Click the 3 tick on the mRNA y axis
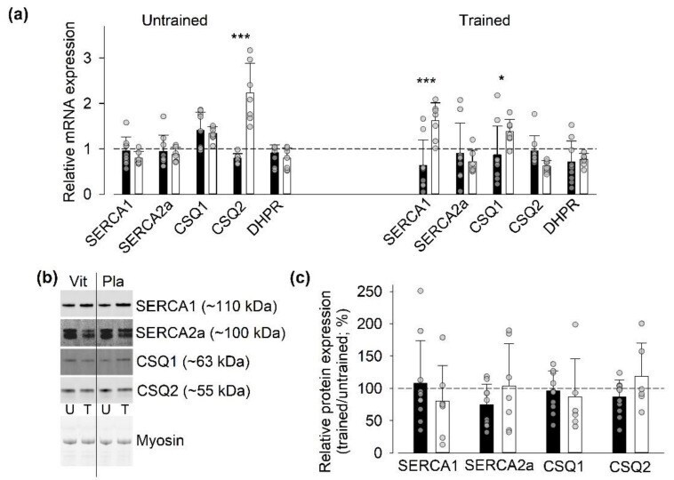tap(88, 58)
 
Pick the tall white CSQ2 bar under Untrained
tap(250, 142)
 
